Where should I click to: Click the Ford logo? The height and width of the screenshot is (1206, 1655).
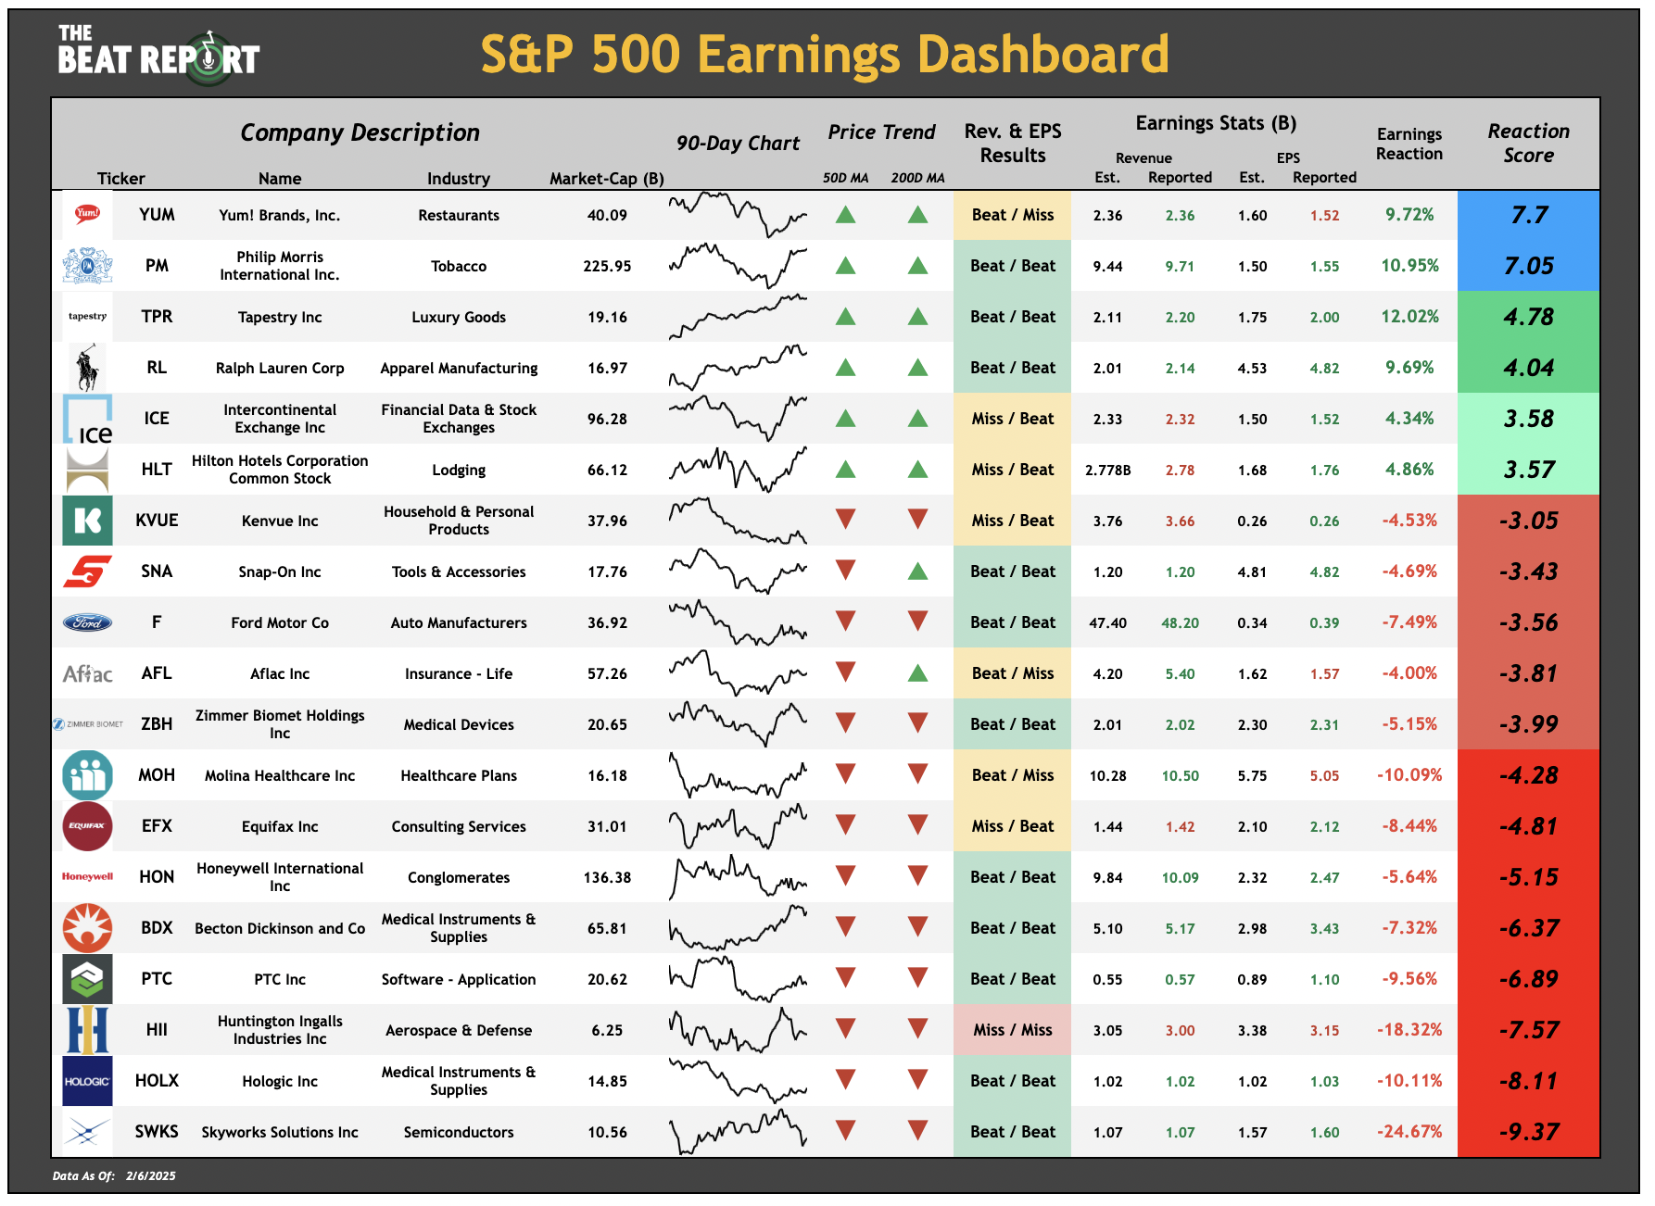click(87, 622)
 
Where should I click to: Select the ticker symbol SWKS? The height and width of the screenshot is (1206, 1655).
click(157, 1131)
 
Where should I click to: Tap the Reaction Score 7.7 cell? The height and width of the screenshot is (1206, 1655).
click(1528, 215)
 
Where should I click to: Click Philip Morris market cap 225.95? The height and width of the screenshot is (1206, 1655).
click(607, 266)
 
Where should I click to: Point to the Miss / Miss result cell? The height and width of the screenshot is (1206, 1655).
click(1012, 1030)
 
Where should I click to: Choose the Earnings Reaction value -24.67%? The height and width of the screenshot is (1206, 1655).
click(1409, 1131)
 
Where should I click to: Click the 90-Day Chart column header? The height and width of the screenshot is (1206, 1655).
click(738, 143)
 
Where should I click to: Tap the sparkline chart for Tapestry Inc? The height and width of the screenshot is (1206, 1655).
click(738, 317)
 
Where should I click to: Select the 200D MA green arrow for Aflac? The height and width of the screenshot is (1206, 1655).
click(917, 673)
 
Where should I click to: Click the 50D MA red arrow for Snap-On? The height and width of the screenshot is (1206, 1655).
click(845, 571)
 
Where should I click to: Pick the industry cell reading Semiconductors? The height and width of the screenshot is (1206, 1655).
click(459, 1132)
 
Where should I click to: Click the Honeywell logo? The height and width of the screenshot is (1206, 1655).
click(87, 876)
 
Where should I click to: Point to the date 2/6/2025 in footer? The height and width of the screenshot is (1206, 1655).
click(151, 1176)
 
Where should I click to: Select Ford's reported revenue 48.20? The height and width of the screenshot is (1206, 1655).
click(1180, 622)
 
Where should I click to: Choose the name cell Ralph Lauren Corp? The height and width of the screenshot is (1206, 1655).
click(280, 368)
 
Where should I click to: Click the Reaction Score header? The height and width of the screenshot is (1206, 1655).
click(1528, 144)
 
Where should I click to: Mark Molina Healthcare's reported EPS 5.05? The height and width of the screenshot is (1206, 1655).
click(1324, 775)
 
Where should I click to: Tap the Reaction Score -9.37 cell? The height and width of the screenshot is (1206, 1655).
click(1528, 1131)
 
